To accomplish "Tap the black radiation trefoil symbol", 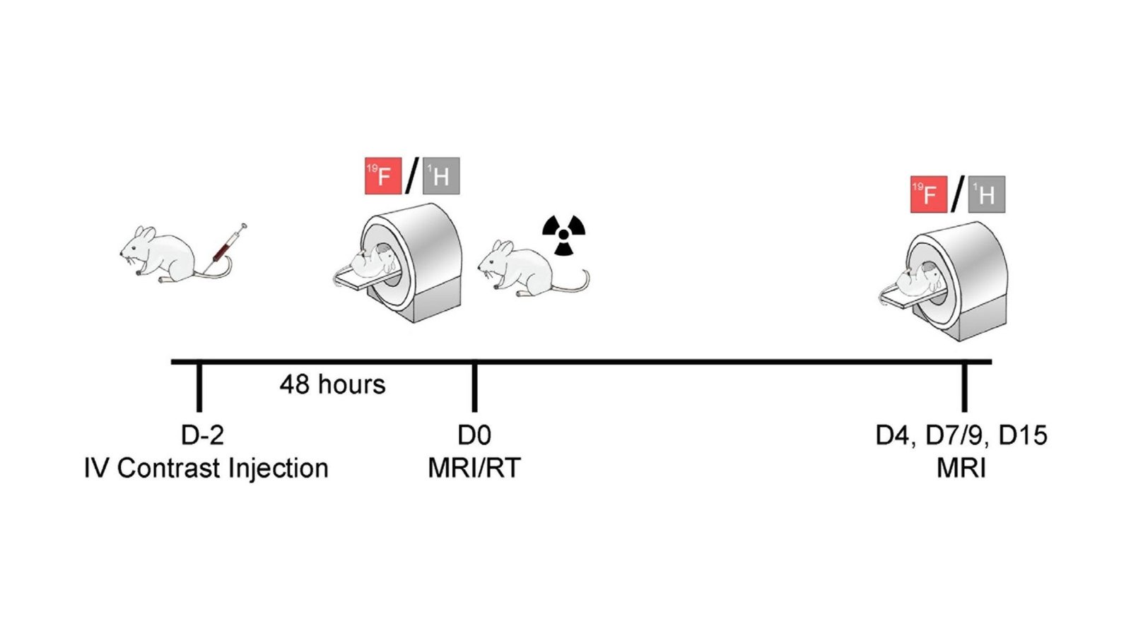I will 563,235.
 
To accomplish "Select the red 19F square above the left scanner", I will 382,176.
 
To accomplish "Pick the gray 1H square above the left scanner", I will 441,176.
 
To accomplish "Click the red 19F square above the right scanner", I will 928,194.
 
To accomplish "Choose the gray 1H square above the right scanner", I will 987,194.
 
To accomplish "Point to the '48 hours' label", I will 332,384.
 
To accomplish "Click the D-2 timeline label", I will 202,435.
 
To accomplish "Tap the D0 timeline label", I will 474,435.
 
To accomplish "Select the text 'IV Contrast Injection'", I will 206,468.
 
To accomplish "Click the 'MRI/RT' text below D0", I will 474,468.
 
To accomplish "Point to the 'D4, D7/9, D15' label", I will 961,435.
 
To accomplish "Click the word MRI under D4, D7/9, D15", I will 961,468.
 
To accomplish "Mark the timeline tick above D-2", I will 199,387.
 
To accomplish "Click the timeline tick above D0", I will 474,387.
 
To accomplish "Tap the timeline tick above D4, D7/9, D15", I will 964,387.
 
